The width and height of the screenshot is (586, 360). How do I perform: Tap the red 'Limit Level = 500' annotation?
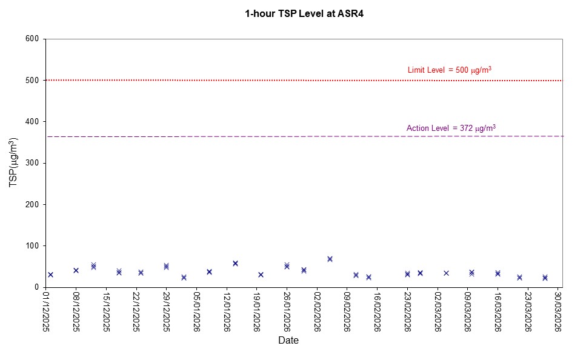click(449, 70)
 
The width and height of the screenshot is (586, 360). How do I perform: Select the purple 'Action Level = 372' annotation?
click(451, 128)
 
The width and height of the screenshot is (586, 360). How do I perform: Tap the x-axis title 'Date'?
click(288, 341)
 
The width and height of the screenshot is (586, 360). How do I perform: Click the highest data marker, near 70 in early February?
click(330, 259)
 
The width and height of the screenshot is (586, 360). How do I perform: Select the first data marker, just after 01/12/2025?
click(50, 275)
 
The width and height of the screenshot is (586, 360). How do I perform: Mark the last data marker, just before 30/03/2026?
click(545, 278)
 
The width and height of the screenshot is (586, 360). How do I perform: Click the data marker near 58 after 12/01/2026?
click(235, 263)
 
